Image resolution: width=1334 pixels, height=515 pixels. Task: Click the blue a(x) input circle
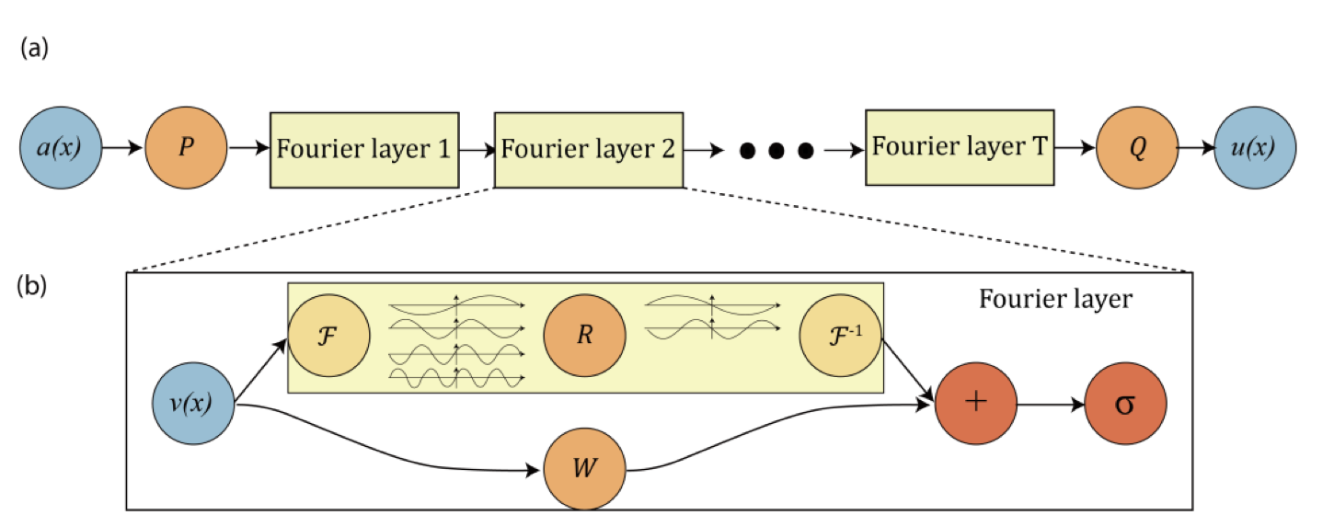coord(61,147)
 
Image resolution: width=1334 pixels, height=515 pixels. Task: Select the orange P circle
coord(186,147)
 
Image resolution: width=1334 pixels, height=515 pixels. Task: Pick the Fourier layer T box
coord(960,147)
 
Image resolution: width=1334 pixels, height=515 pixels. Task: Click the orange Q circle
coord(1137,147)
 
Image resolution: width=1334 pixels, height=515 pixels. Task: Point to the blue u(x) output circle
coord(1255,147)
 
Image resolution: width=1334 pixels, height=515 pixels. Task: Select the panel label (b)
coord(34,286)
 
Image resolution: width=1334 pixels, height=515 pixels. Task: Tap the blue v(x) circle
coord(192,405)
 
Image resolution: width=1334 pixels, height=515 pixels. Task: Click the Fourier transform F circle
coord(328,336)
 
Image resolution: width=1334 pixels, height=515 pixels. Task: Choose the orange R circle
coord(584,336)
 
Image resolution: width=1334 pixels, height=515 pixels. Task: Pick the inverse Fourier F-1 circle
coord(840,336)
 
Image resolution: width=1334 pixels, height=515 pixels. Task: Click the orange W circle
coord(585,470)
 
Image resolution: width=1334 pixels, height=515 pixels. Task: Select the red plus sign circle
coord(976,405)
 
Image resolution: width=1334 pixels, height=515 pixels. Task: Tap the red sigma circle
coord(1125,405)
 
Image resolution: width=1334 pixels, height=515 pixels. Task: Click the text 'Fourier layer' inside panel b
coord(1054,300)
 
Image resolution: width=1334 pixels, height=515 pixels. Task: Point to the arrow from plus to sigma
coord(1051,405)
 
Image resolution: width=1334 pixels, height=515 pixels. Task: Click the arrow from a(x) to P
coord(123,147)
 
